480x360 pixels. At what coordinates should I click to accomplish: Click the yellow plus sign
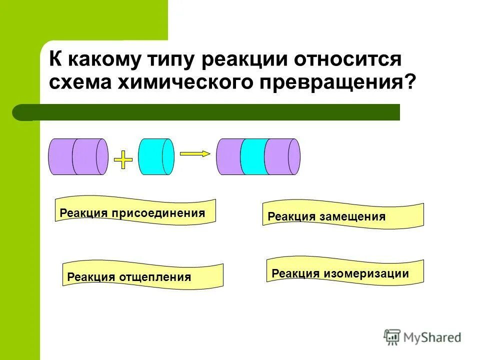(123, 159)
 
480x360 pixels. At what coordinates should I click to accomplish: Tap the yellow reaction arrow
(194, 154)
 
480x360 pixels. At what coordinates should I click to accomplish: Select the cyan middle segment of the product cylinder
(253, 156)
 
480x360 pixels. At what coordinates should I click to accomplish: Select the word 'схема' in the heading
(80, 82)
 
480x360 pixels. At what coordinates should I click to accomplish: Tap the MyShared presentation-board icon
(392, 337)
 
